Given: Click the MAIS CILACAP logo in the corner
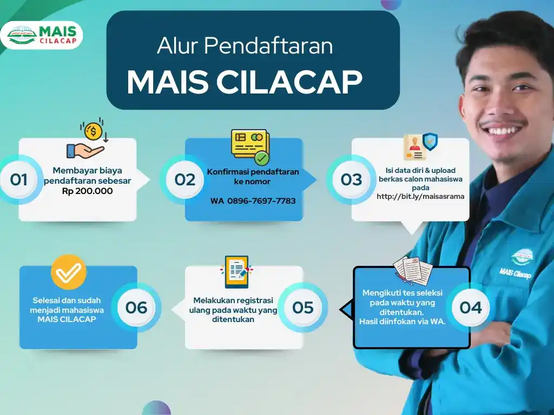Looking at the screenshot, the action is point(42,35).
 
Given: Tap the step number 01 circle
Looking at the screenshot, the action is point(19,179).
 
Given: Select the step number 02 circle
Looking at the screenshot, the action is point(185,179).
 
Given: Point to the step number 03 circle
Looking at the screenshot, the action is point(351,179).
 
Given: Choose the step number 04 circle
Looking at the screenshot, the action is point(471,307).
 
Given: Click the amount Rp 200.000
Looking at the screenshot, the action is point(87,191).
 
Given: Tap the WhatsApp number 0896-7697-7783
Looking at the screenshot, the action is point(261,201).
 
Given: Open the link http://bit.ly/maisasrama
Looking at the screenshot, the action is point(420,196).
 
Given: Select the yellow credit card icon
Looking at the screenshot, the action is point(250,146).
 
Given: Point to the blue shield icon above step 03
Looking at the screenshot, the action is point(430,141).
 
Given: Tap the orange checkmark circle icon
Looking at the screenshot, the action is point(69,272).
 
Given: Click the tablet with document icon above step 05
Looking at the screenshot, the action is point(236,272).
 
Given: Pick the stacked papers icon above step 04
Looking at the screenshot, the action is point(413,272).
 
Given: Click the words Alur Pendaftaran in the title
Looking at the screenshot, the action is point(245,46).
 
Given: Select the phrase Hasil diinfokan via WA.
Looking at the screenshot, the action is point(403,322).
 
